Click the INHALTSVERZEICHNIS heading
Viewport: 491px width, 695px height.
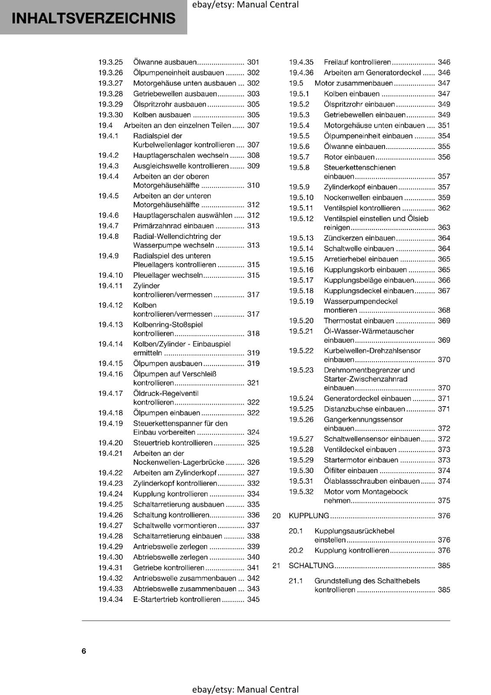coord(93,18)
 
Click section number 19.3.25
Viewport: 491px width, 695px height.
coord(110,62)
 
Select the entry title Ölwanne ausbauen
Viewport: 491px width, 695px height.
coord(165,62)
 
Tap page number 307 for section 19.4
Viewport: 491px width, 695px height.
coord(253,126)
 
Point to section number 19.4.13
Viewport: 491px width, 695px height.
coord(110,324)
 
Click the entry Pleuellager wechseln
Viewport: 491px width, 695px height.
coord(168,275)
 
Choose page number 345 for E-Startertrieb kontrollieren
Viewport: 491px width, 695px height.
coord(253,599)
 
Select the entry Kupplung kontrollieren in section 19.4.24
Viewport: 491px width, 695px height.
coord(170,494)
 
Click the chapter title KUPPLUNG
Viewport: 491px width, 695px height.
coord(309,516)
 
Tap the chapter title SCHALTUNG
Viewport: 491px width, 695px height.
coord(311,566)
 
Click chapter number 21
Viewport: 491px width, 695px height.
coord(276,566)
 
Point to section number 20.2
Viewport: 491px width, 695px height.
coord(296,550)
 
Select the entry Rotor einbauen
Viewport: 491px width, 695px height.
coord(349,157)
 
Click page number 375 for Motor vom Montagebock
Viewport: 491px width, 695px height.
coord(444,501)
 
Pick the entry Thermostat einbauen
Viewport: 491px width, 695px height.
coord(358,321)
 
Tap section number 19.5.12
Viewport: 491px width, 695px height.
coord(301,219)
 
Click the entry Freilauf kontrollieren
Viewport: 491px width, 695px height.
coord(357,62)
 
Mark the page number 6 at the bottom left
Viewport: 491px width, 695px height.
coord(84,651)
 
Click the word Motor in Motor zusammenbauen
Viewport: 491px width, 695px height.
coord(324,83)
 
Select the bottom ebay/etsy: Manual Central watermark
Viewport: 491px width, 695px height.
coord(245,689)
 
